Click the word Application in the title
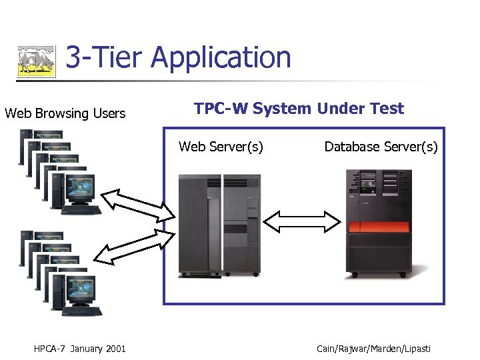coord(221,57)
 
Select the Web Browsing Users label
coord(65,113)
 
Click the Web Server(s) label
coord(221,147)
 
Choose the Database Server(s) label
coord(381,147)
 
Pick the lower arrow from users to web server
coord(133,247)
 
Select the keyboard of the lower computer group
coord(81,311)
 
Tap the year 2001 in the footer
coord(115,348)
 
